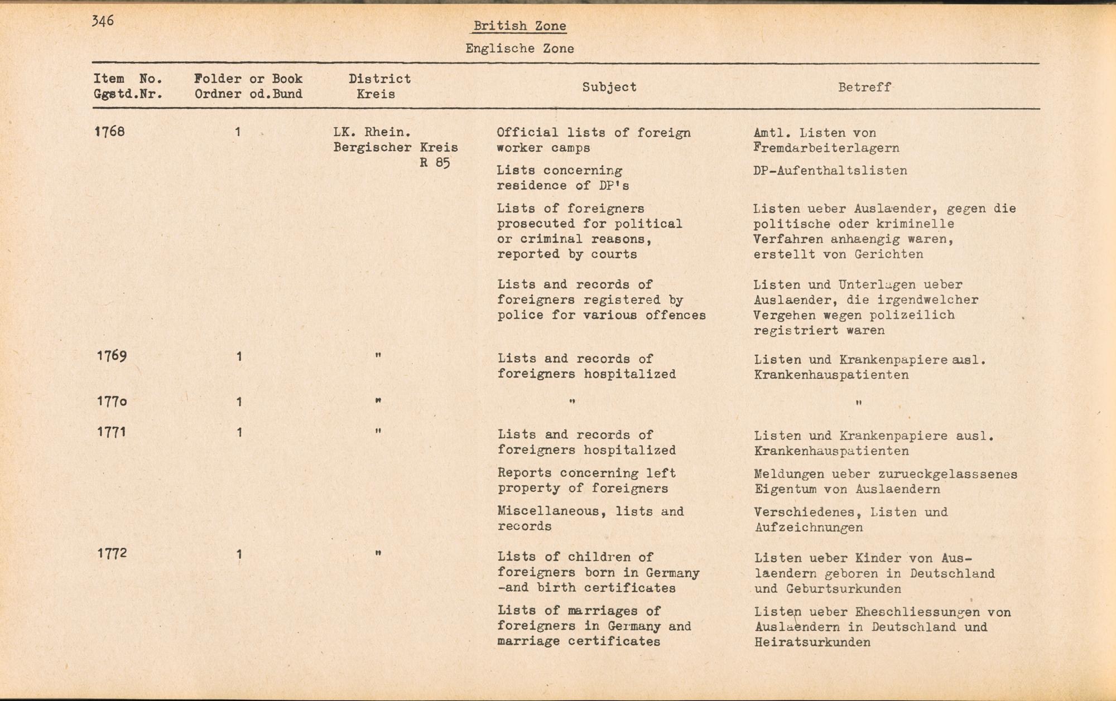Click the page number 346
(x=103, y=21)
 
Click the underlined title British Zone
(x=519, y=26)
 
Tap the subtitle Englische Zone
(x=519, y=49)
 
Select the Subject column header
(x=609, y=87)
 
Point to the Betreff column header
(x=864, y=87)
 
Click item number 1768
(x=110, y=132)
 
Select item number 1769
(x=112, y=356)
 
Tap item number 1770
(x=112, y=402)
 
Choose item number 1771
(x=112, y=432)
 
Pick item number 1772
(x=112, y=553)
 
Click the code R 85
(x=435, y=163)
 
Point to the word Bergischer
(x=372, y=148)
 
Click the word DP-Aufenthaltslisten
(x=830, y=171)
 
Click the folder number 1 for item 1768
(x=238, y=132)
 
